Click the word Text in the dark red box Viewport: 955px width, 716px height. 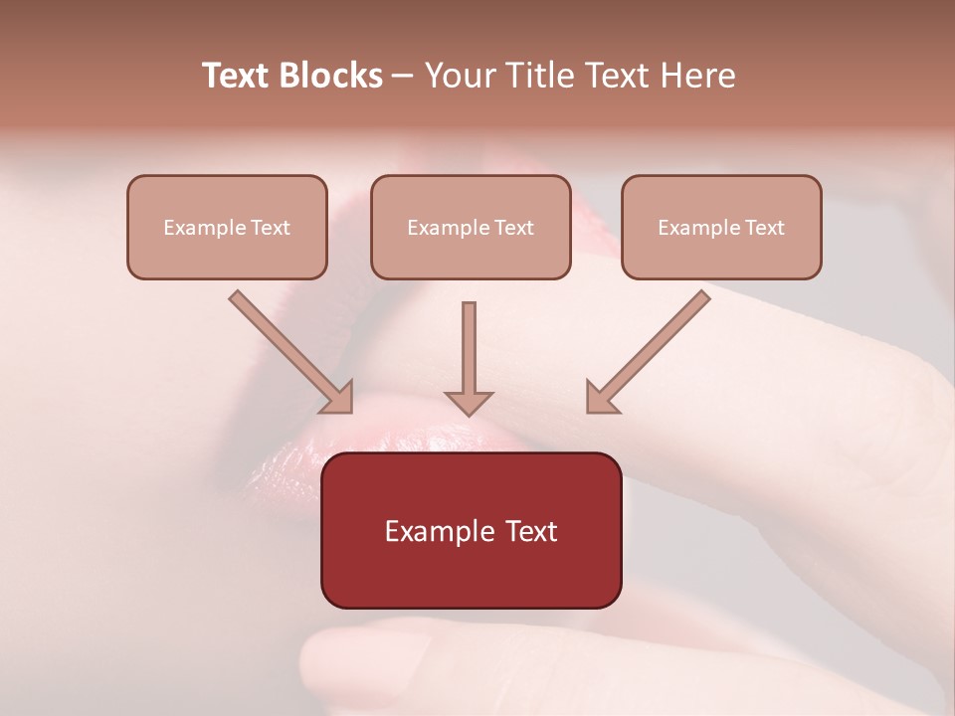531,531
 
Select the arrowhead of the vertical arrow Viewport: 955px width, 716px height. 469,402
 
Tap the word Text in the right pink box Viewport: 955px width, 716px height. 765,228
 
